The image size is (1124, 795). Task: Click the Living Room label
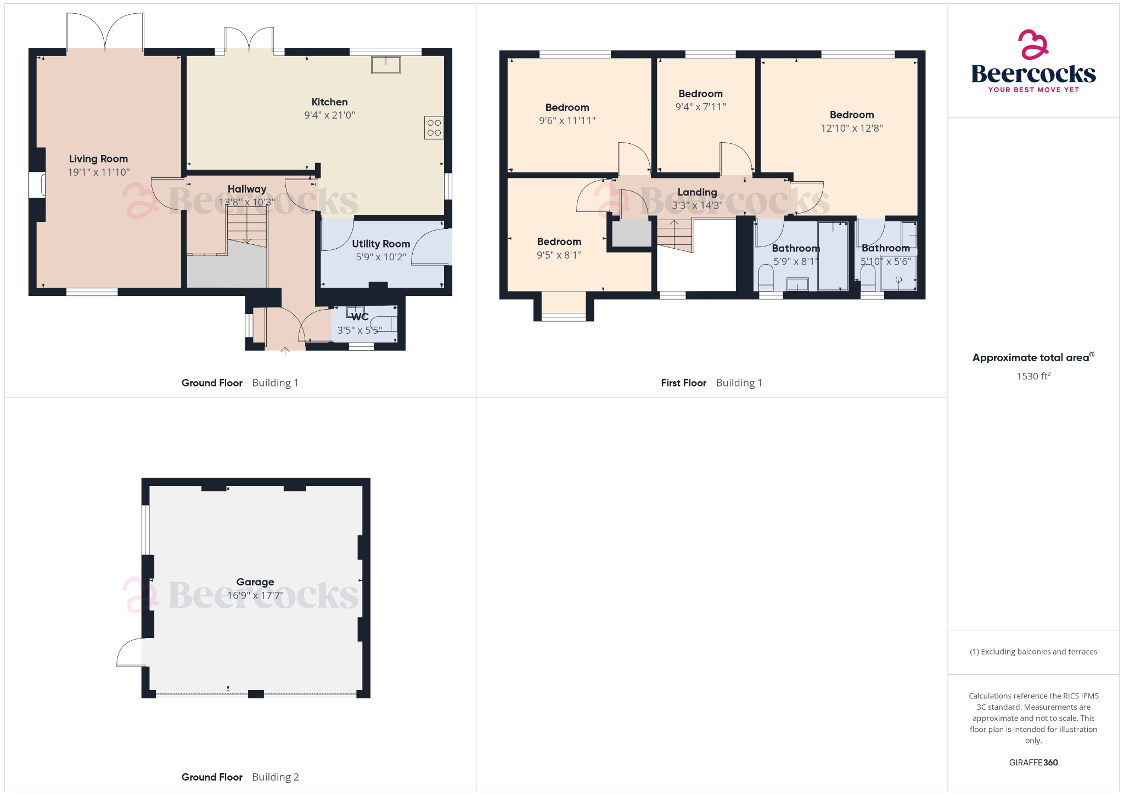click(98, 159)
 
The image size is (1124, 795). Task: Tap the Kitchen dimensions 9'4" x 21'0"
click(329, 115)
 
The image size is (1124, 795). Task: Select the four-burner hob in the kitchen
click(434, 128)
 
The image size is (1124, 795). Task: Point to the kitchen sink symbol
click(386, 65)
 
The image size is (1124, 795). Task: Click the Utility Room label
click(381, 244)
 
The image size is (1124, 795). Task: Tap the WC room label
click(360, 317)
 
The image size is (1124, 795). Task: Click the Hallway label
click(247, 189)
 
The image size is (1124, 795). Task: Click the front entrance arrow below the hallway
click(285, 351)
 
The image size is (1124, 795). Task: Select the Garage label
click(255, 582)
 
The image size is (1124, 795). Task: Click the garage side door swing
click(131, 653)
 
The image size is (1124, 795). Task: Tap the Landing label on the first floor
click(697, 192)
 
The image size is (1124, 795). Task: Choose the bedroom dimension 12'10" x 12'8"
click(852, 128)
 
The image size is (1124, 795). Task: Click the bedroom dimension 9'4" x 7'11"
click(700, 107)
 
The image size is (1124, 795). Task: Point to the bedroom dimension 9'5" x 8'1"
click(559, 255)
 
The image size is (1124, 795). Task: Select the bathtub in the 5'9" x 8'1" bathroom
click(833, 255)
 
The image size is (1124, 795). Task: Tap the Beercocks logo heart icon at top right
click(1033, 44)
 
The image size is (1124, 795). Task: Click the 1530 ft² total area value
click(1033, 376)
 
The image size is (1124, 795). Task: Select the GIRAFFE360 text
click(1033, 763)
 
